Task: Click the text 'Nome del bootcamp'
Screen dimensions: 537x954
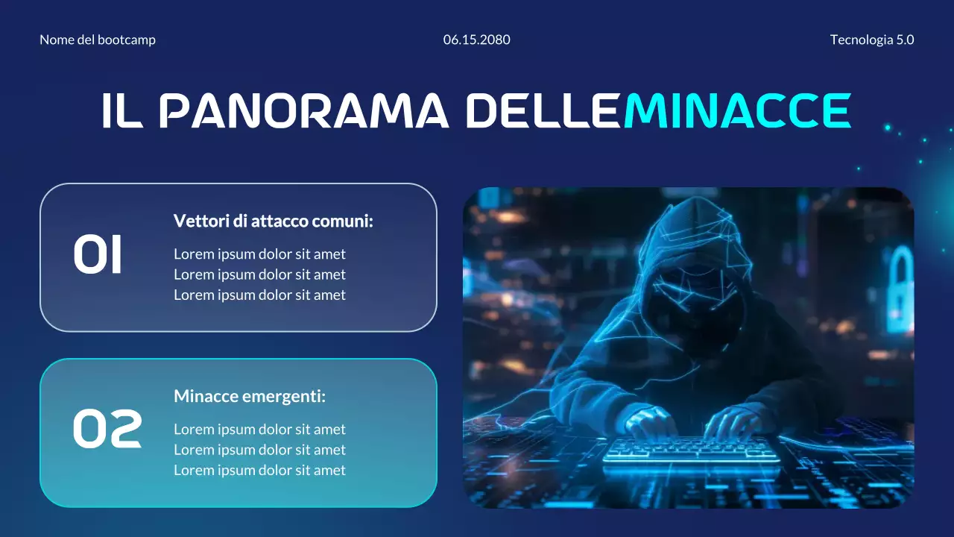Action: pyautogui.click(x=98, y=40)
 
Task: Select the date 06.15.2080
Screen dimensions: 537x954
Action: pyautogui.click(x=477, y=40)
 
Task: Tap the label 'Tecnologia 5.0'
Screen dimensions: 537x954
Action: pyautogui.click(x=872, y=40)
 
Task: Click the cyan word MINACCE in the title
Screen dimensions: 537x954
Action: pyautogui.click(x=737, y=111)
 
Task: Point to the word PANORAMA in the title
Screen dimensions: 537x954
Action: pyautogui.click(x=304, y=111)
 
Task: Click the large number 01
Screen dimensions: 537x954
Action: pyautogui.click(x=98, y=256)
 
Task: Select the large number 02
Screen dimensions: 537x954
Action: pyautogui.click(x=107, y=430)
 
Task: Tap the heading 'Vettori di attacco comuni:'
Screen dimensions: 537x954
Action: pyautogui.click(x=274, y=221)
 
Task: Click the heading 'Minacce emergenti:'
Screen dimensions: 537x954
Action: pyautogui.click(x=250, y=396)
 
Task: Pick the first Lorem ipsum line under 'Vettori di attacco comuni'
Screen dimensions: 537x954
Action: pyautogui.click(x=259, y=254)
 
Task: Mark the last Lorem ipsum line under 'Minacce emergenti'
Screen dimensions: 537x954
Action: pyautogui.click(x=259, y=470)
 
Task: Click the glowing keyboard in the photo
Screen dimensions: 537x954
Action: pyautogui.click(x=689, y=449)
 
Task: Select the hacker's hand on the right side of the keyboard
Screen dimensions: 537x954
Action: pyautogui.click(x=734, y=423)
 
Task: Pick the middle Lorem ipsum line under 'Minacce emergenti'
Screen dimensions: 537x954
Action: pyautogui.click(x=259, y=450)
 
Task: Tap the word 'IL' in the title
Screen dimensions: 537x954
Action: pyautogui.click(x=121, y=111)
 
